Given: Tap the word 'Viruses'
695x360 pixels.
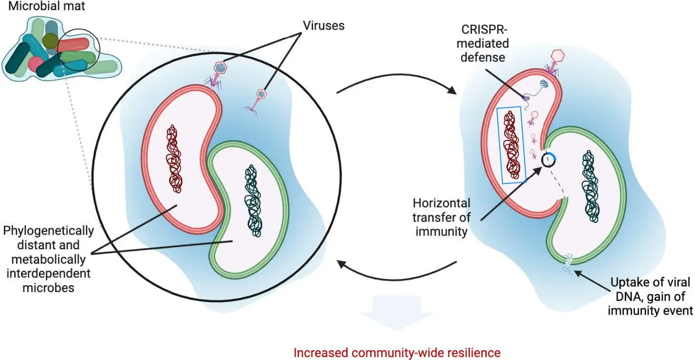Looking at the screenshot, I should tap(322, 25).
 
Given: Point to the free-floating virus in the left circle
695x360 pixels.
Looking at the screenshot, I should tap(260, 96).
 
